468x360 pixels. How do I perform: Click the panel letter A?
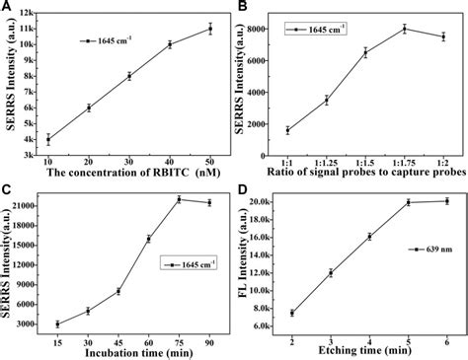(x=7, y=8)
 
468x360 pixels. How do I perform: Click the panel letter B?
(x=242, y=8)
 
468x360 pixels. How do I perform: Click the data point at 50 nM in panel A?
(x=209, y=29)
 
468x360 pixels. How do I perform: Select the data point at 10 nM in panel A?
(x=48, y=139)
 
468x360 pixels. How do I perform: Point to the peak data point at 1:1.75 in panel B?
(x=405, y=29)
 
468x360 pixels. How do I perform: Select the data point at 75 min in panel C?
(x=179, y=199)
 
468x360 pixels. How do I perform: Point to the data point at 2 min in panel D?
(x=292, y=313)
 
